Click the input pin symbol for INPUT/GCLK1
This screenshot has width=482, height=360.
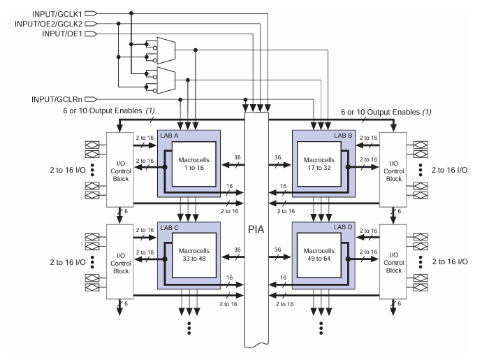[x=92, y=11]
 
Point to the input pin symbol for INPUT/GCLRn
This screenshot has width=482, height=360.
[x=92, y=99]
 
